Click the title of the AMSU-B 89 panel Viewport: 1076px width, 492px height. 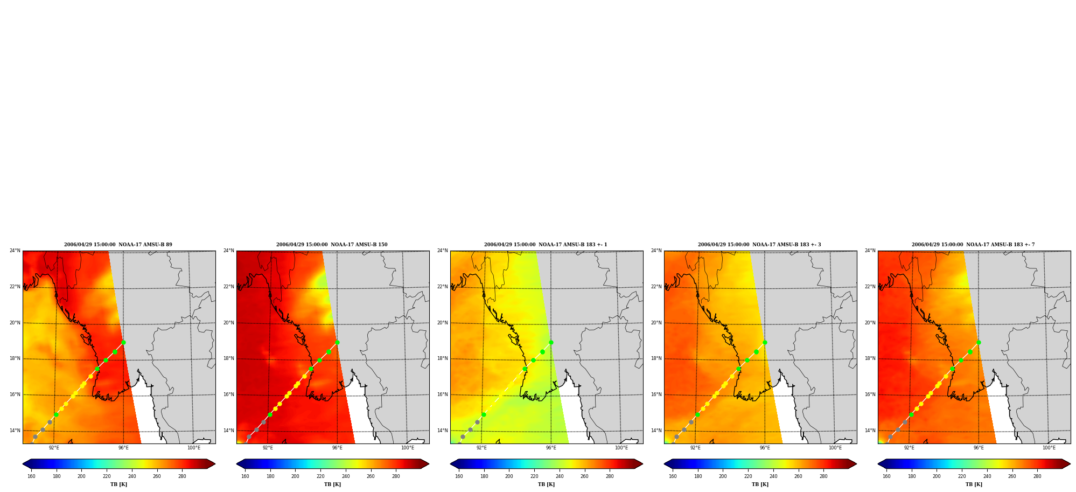[x=118, y=245]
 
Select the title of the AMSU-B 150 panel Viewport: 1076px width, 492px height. [x=332, y=245]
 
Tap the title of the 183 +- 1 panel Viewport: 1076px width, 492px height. [x=546, y=245]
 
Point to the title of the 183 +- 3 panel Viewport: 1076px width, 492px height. [x=759, y=245]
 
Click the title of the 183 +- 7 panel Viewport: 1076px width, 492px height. [x=973, y=245]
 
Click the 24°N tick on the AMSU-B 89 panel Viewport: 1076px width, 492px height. [x=15, y=251]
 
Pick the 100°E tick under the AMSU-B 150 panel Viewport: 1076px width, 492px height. [x=408, y=448]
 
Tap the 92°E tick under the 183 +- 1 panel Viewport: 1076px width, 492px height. [x=481, y=448]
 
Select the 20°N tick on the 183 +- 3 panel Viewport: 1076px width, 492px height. [x=656, y=323]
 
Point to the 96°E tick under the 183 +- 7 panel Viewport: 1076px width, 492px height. [x=979, y=448]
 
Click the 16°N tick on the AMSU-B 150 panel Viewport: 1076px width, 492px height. [x=229, y=394]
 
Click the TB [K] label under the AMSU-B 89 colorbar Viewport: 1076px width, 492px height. [x=119, y=484]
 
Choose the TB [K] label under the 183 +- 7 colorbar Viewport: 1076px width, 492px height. [x=974, y=484]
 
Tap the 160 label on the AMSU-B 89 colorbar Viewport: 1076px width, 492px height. [x=31, y=476]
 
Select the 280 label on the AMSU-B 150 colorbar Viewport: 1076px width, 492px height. [x=396, y=476]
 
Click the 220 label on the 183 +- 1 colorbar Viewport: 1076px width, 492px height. [x=534, y=476]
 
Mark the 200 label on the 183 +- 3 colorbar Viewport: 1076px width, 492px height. [x=723, y=476]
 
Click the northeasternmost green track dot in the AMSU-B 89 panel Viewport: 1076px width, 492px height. [x=123, y=342]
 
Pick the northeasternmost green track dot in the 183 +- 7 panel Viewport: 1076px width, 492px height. [x=979, y=342]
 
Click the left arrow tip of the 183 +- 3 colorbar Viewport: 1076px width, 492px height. [x=665, y=464]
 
